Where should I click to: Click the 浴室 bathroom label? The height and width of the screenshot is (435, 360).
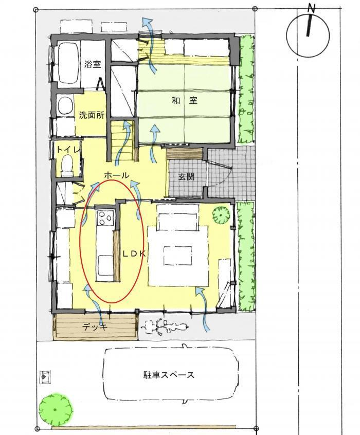93,65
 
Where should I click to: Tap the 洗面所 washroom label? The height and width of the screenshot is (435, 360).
92,115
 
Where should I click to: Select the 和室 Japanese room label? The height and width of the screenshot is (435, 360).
185,100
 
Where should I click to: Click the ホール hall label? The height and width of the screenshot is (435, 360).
117,175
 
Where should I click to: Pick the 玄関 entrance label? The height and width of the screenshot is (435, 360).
186,177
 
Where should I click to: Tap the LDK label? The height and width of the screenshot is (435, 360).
134,254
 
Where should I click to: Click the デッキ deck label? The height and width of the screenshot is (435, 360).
95,328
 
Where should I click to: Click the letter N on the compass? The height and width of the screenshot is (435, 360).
312,9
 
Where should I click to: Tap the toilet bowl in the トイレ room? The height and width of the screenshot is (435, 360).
67,165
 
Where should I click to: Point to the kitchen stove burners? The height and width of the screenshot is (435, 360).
105,219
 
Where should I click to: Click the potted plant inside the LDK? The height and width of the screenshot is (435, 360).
221,215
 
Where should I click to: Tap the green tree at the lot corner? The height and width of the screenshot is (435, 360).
56,409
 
